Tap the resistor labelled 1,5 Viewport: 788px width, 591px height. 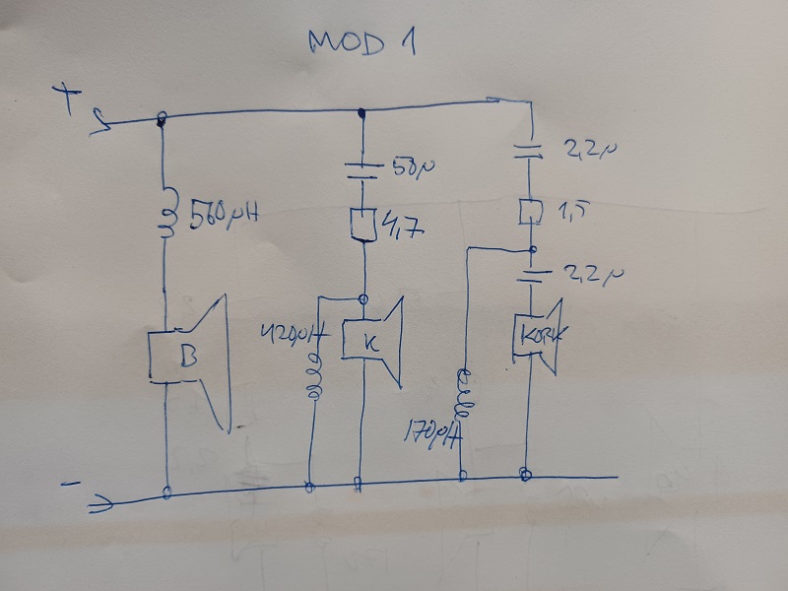pos(531,211)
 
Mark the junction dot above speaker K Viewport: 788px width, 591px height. pos(364,298)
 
